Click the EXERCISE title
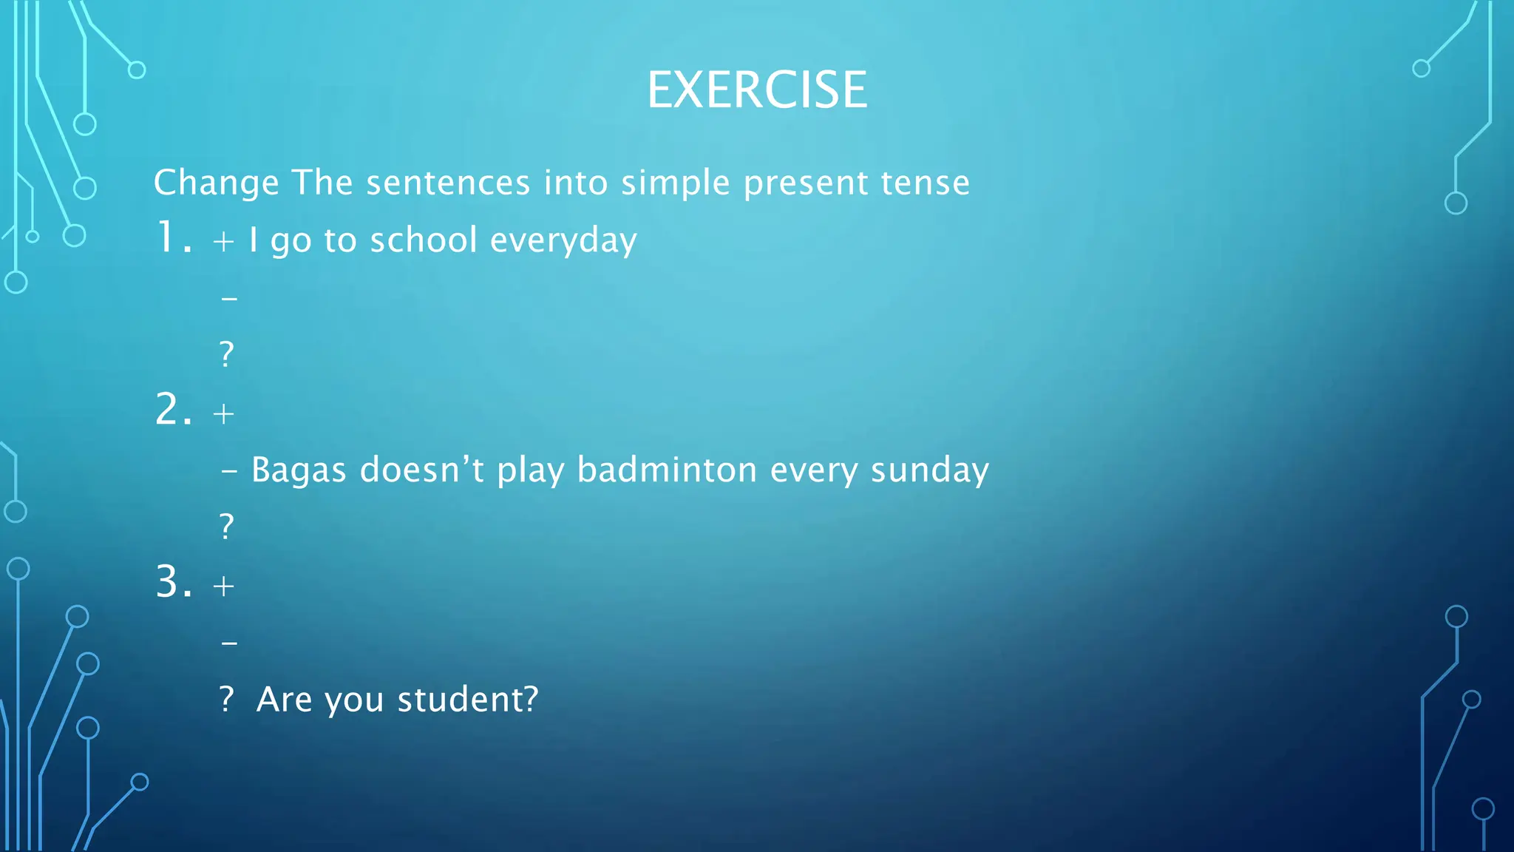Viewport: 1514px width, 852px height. coord(757,90)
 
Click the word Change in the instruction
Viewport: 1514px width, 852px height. coord(216,183)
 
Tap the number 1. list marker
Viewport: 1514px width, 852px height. coord(174,238)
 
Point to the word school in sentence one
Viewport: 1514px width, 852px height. coord(423,240)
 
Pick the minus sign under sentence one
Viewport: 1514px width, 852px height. coord(229,299)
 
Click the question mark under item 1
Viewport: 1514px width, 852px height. coord(227,354)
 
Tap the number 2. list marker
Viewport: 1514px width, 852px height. coord(174,410)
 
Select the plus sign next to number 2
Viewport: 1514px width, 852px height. coord(223,413)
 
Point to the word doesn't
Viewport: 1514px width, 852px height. coord(421,470)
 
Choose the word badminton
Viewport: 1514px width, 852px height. coord(667,470)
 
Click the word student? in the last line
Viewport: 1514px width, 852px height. coord(468,700)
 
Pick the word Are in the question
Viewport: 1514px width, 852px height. coord(284,700)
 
